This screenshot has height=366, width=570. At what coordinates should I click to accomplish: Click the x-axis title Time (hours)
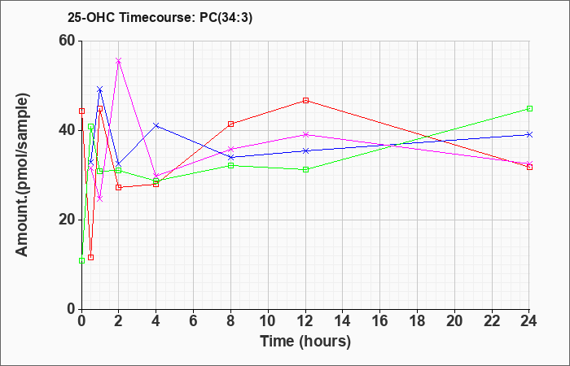point(305,341)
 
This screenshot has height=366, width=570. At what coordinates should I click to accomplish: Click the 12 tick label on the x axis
point(305,321)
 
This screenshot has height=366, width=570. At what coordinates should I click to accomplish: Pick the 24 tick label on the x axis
point(529,321)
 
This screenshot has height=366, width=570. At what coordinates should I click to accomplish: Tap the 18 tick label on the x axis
point(418,321)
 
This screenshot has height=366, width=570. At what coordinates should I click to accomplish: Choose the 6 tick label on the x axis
point(194,321)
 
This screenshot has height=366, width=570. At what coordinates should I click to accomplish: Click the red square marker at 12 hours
point(305,100)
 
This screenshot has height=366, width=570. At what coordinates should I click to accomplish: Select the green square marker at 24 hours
point(529,108)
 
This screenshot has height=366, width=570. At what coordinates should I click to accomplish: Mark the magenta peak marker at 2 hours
point(119,61)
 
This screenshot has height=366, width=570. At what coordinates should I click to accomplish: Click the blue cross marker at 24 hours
point(529,134)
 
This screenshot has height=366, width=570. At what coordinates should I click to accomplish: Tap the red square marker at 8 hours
point(231,124)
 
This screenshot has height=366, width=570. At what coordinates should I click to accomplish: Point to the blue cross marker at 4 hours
point(156,125)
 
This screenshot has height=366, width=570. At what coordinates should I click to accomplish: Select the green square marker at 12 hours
point(305,169)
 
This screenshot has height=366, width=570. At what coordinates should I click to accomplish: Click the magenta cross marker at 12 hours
point(305,134)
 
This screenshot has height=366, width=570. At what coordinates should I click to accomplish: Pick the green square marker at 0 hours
point(81,260)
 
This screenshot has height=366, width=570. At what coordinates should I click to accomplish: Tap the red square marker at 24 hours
point(529,167)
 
